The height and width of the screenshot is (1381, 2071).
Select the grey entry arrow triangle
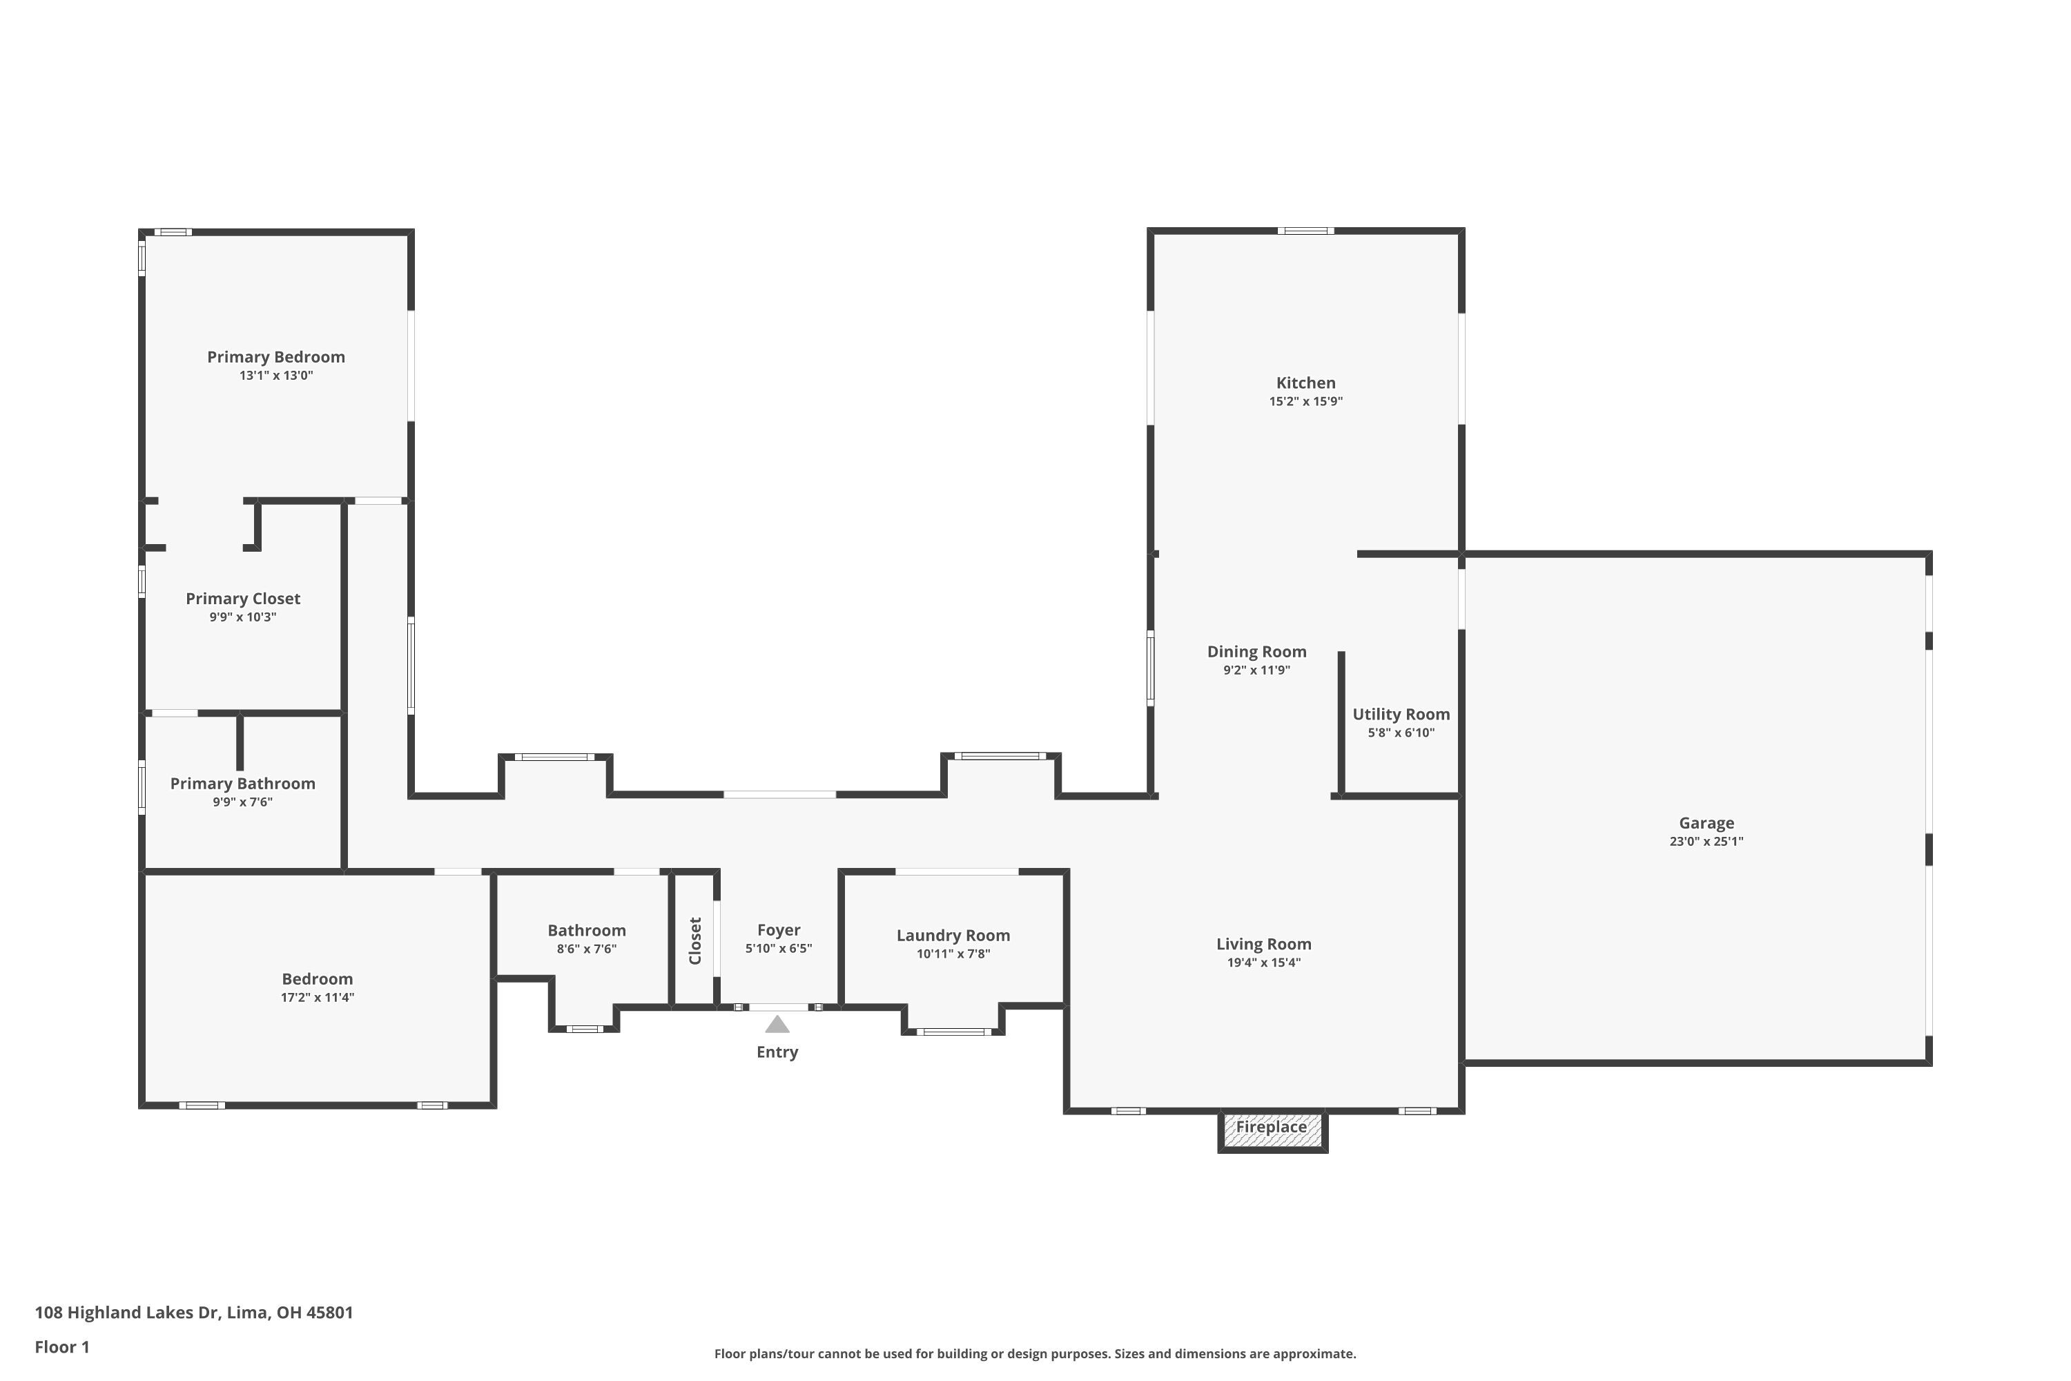tap(777, 1024)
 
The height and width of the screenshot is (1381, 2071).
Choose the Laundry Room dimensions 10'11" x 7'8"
tap(953, 954)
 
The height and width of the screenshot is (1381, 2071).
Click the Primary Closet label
tap(242, 599)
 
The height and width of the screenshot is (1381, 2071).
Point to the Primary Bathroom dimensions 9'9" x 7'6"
tap(242, 802)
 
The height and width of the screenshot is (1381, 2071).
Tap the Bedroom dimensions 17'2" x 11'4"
tap(317, 998)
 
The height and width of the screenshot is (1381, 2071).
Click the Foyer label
tap(779, 930)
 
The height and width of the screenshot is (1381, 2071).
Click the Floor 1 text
tap(61, 1346)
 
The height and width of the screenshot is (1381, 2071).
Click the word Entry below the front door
tap(777, 1052)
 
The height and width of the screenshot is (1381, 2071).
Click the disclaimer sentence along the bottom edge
tap(1035, 1353)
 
